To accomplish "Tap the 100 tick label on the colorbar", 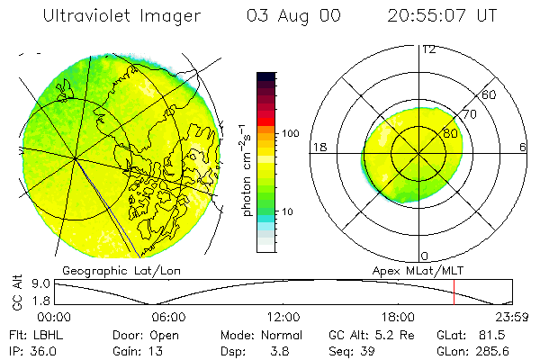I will [292, 133].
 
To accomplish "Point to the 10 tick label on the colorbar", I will [289, 212].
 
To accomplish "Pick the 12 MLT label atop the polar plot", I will [428, 49].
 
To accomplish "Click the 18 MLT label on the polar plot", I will [319, 146].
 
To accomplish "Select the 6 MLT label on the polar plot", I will [523, 146].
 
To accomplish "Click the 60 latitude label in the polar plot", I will [490, 94].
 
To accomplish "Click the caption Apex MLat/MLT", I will [412, 270].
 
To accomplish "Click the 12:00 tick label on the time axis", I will [283, 317].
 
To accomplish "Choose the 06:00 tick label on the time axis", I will [168, 317].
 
